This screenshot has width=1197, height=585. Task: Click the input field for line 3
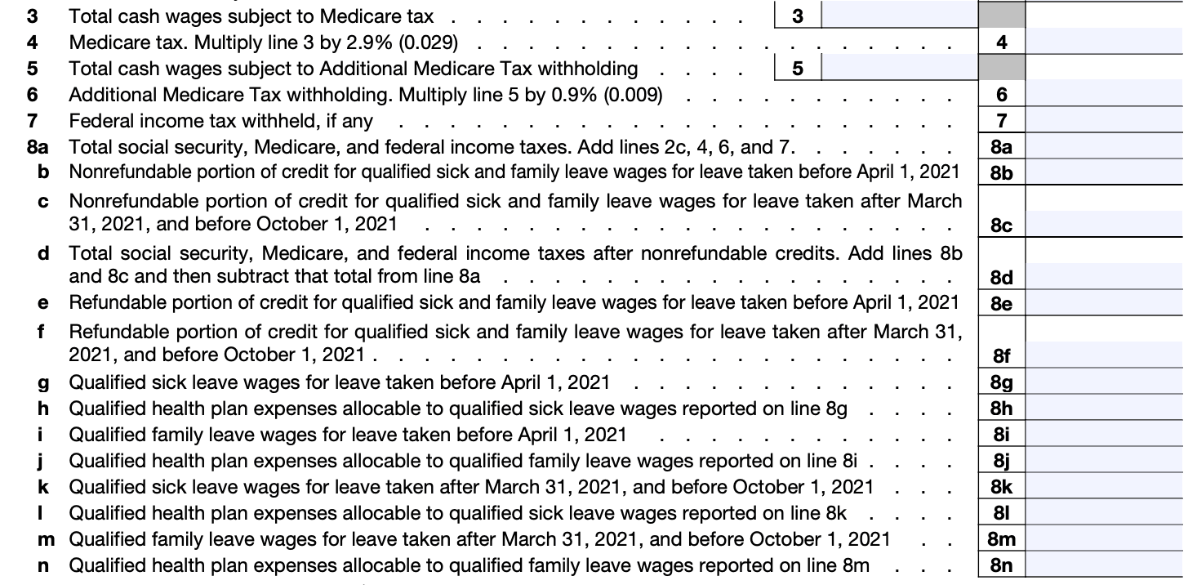click(898, 16)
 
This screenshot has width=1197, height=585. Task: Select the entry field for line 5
click(898, 69)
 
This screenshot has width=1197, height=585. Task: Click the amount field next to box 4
click(1102, 42)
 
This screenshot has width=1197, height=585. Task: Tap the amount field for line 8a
click(1102, 147)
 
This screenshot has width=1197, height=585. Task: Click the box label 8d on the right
click(1001, 278)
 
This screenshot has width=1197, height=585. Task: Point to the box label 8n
click(1001, 565)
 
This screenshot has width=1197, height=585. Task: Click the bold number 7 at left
click(32, 121)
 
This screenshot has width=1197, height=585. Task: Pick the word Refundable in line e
click(110, 303)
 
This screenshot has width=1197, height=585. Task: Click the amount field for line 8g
click(1102, 382)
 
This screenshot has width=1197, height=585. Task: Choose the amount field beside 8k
click(1102, 487)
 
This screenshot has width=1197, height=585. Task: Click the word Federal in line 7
click(98, 121)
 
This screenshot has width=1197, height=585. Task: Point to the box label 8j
click(1001, 461)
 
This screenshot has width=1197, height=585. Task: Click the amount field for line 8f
click(1102, 355)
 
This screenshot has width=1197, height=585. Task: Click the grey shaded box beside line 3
click(1002, 16)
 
